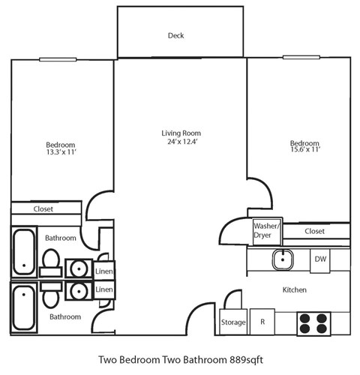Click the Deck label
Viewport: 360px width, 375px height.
point(175,35)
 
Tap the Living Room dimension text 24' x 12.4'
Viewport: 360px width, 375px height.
point(181,142)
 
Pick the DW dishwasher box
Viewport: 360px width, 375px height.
point(320,259)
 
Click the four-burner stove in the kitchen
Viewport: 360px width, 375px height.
point(313,322)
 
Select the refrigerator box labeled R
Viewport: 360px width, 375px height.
point(262,322)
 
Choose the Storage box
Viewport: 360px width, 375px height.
point(232,322)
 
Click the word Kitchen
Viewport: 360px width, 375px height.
point(294,289)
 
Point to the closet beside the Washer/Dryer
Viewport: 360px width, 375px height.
point(315,232)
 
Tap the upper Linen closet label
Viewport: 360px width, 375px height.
point(104,271)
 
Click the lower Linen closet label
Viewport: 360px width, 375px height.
point(104,289)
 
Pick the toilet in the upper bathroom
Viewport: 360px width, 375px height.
point(52,262)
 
